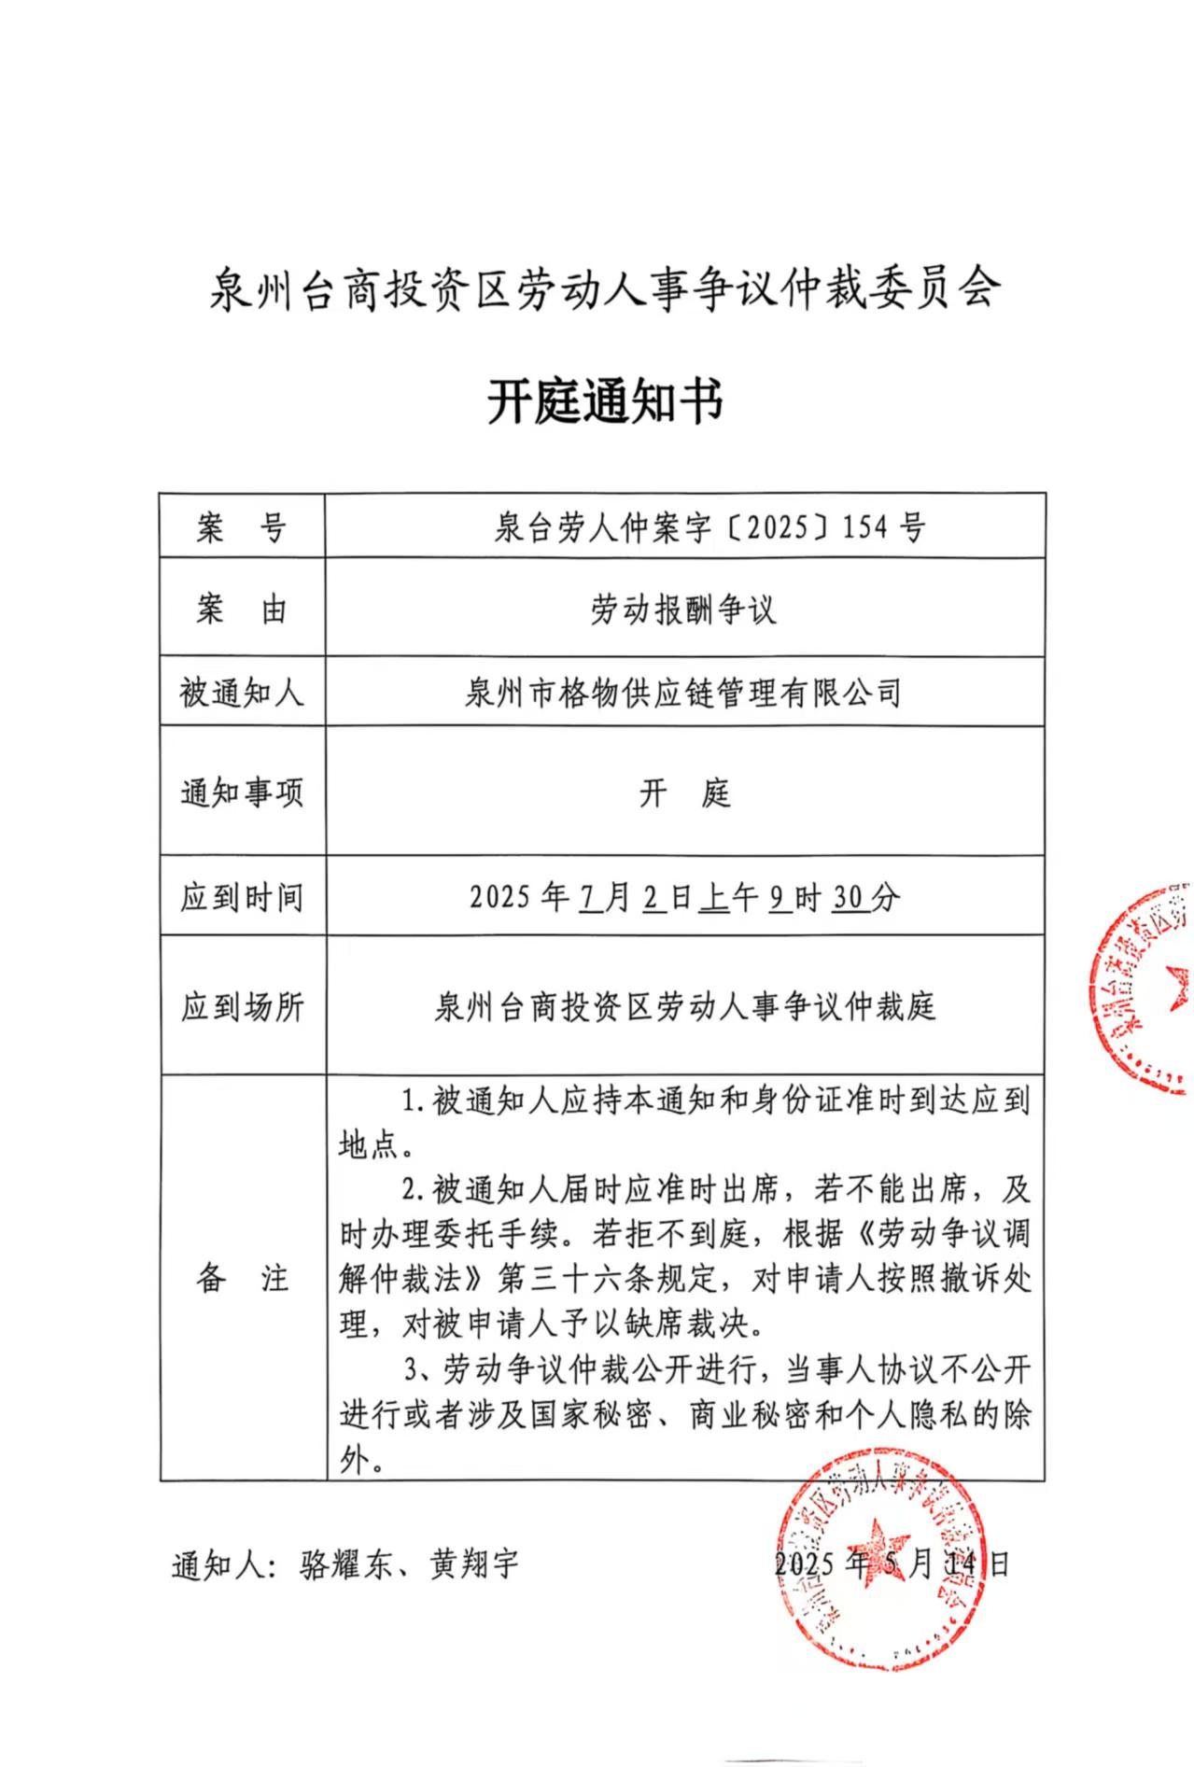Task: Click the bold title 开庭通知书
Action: [605, 403]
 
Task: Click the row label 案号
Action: [241, 528]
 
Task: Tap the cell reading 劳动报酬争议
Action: [683, 610]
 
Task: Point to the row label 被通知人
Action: [241, 694]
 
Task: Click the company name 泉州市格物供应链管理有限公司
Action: [683, 694]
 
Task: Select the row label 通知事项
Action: [241, 793]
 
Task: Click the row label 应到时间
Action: [241, 898]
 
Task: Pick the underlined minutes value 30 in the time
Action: [847, 898]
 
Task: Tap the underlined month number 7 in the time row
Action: [589, 898]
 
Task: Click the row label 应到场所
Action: [241, 1007]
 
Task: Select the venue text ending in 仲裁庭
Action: [683, 1007]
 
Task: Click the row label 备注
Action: [241, 1279]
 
